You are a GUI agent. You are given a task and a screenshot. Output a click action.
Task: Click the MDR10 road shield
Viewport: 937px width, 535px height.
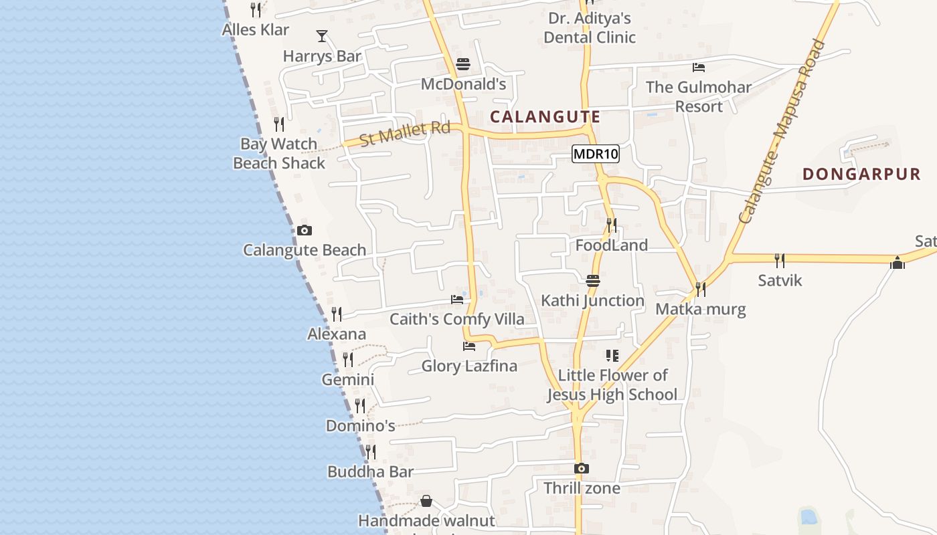[x=596, y=154]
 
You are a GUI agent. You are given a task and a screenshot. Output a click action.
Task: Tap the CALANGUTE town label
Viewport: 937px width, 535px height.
[x=545, y=117]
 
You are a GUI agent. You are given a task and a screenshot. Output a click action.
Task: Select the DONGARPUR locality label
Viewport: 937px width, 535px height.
[x=862, y=175]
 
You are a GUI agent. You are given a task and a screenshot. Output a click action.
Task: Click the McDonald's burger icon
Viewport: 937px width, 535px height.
[x=463, y=65]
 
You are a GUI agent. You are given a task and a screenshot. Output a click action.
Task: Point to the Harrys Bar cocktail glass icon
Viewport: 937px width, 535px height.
[x=322, y=36]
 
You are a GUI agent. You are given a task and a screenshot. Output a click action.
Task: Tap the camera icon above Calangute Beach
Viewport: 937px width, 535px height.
[x=305, y=231]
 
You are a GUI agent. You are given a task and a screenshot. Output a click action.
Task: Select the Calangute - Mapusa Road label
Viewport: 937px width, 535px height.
[x=783, y=132]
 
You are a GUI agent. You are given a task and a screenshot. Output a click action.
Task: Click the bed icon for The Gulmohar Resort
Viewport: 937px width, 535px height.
[x=699, y=68]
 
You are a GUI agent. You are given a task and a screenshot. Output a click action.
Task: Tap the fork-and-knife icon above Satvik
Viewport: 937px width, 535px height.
[x=780, y=260]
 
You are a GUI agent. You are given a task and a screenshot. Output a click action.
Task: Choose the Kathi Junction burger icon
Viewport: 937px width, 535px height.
[x=593, y=281]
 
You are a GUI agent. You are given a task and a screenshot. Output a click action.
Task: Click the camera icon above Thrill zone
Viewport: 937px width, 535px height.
[x=582, y=469]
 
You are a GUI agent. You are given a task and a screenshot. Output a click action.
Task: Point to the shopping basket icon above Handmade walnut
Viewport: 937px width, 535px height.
[x=426, y=501]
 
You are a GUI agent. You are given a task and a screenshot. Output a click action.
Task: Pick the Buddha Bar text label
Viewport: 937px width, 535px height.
[x=370, y=472]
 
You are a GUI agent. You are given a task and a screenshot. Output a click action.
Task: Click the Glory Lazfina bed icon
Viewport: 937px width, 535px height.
[x=469, y=346]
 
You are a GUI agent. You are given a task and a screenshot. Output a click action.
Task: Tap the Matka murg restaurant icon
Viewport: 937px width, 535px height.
[x=701, y=290]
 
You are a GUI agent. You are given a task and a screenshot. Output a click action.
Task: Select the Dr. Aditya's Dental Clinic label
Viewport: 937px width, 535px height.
[x=589, y=27]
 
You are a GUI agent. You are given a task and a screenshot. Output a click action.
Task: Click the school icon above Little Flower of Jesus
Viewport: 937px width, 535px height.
[x=612, y=356]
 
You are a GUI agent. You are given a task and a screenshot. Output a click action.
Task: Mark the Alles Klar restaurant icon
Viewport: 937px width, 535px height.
[x=256, y=10]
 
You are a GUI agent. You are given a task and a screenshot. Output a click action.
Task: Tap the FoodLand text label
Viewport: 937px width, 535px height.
[x=612, y=245]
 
